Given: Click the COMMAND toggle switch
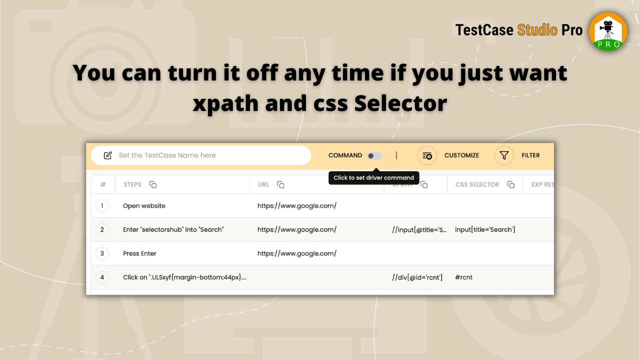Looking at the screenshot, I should tap(374, 155).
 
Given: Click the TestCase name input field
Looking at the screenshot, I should tap(210, 155).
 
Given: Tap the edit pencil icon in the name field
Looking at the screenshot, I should tap(107, 155).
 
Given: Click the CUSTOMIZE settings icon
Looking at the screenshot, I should tap(427, 155).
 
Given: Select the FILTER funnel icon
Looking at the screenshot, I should tap(504, 155).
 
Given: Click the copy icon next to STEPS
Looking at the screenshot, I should tap(153, 184).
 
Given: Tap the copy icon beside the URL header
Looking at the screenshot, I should tap(280, 184).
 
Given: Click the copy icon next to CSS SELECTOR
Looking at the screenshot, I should tap(510, 184).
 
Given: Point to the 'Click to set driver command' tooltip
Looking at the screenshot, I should tap(373, 177).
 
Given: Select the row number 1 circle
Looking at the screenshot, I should tap(102, 205).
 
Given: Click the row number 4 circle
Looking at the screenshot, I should tap(102, 277).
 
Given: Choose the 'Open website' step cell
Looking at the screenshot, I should tap(144, 205).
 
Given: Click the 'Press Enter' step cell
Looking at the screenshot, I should tap(139, 253).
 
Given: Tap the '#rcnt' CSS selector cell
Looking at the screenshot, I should tap(463, 277).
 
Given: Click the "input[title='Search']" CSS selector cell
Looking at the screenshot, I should tap(485, 229).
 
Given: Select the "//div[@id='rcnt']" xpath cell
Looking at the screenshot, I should tap(417, 277).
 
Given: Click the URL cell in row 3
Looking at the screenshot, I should tap(296, 253).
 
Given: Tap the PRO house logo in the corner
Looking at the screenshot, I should tap(608, 31).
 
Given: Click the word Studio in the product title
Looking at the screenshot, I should tap(537, 30).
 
